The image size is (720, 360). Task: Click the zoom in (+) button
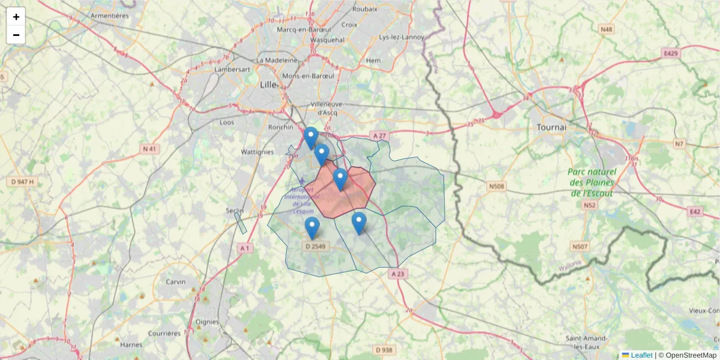[16, 17]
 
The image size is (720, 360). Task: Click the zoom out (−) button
[16, 35]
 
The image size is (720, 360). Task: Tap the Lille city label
[268, 85]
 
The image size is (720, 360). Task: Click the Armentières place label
[109, 16]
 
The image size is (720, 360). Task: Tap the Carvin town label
[176, 281]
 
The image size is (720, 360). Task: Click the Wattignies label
[257, 152]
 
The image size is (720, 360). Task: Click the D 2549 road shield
[316, 246]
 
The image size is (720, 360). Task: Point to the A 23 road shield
[398, 274]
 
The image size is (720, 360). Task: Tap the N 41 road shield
[150, 148]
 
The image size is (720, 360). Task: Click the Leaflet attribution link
[641, 355]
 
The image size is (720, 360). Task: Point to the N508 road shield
[496, 187]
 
